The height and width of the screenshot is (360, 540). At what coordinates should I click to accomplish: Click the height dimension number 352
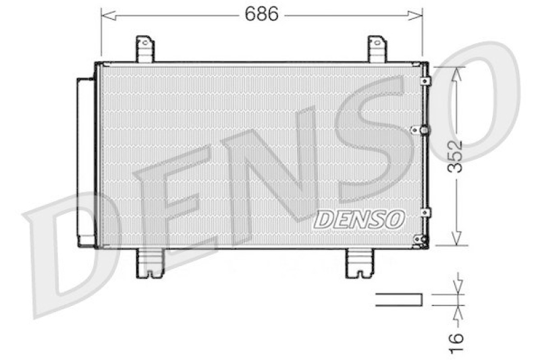(458, 157)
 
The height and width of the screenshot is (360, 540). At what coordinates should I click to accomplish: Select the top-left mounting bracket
(144, 49)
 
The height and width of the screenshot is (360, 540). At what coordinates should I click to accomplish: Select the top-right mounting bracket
(377, 49)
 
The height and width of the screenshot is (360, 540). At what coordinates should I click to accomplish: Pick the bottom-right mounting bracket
(358, 263)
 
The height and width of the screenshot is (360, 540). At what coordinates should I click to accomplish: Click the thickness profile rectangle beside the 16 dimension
(399, 299)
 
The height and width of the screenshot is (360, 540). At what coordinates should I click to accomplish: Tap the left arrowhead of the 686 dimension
(105, 14)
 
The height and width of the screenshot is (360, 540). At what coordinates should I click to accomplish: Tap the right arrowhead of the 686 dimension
(418, 14)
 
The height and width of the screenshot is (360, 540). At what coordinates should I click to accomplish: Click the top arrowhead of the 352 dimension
(458, 73)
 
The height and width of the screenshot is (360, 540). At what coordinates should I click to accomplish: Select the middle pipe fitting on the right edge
(423, 130)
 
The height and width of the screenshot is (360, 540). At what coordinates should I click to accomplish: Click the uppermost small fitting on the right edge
(424, 81)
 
